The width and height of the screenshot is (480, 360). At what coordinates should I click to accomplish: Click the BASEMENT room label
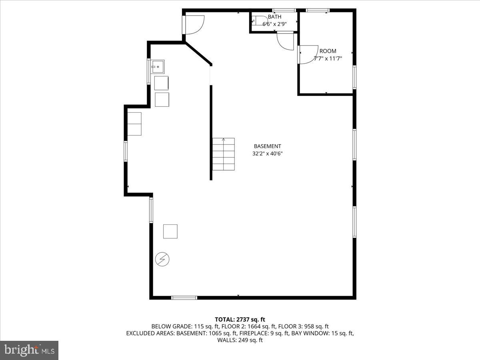267,146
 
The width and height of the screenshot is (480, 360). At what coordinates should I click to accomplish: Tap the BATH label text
274,17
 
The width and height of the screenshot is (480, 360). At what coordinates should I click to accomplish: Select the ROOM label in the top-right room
328,51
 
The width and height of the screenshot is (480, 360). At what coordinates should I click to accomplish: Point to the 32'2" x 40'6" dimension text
267,154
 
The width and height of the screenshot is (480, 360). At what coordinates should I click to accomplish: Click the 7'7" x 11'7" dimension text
328,58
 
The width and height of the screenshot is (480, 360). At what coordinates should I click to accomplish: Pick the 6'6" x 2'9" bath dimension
274,24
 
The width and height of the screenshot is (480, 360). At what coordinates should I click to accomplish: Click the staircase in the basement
223,154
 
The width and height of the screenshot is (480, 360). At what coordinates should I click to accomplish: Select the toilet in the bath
256,21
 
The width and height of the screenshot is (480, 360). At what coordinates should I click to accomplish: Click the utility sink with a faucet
158,67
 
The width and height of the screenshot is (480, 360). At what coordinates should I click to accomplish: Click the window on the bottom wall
184,298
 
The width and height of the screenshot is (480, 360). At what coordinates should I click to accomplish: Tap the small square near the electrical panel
170,231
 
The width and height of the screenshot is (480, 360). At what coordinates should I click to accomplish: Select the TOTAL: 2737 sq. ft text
240,319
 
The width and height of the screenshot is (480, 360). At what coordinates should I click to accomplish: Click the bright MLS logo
29,350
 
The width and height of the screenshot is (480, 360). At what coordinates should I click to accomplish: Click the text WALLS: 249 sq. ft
240,340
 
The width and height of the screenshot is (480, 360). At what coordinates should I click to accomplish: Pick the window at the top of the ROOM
318,10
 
